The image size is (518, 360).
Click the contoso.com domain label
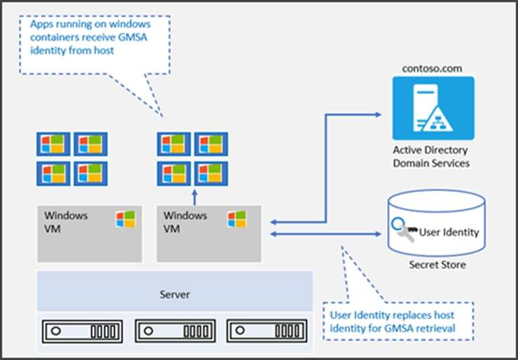click(x=432, y=69)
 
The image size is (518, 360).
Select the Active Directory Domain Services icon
click(x=433, y=109)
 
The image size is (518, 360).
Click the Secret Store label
click(x=437, y=265)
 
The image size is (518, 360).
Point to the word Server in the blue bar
click(x=175, y=294)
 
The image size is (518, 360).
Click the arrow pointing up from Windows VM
click(x=195, y=198)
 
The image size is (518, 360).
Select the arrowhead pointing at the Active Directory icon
click(x=378, y=114)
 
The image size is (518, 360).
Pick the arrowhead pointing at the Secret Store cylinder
click(x=378, y=234)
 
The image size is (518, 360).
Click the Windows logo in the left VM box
click(x=125, y=219)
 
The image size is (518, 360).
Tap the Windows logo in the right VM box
click(x=237, y=219)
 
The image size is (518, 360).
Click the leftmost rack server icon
click(x=82, y=331)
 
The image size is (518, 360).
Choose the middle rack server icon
click(x=175, y=331)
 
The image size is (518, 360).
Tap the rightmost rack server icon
click(x=267, y=331)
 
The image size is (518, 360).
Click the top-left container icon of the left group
click(x=53, y=144)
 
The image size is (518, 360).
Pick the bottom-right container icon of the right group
click(x=211, y=174)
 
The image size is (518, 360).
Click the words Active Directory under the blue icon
click(x=430, y=151)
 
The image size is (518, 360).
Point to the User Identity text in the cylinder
click(x=449, y=233)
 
